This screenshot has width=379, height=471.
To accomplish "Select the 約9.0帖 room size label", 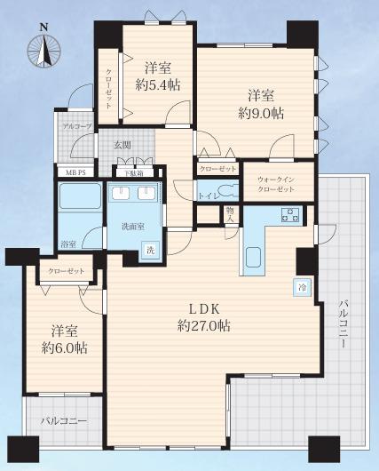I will [258, 113].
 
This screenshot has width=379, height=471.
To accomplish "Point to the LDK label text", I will [203, 309].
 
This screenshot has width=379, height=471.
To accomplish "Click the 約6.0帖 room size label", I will [61, 349].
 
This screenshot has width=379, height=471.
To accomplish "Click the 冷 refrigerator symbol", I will [304, 287].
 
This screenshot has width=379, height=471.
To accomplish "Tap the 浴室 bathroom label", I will [67, 243].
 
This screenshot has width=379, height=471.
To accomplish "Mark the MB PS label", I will [75, 172].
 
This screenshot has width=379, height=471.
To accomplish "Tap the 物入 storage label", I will [230, 213].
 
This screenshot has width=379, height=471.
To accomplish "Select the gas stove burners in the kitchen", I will [289, 213].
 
